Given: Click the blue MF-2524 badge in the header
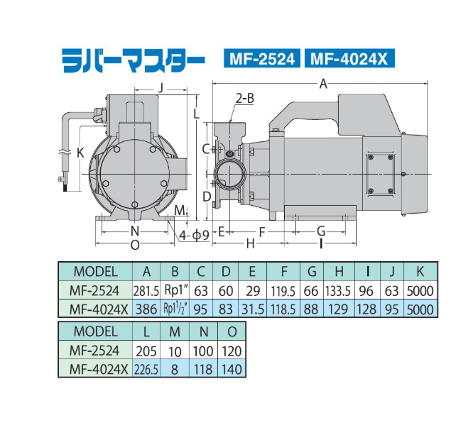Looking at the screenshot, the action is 262,58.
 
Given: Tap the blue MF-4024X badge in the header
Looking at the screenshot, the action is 349,58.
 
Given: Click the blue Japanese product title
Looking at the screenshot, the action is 134,60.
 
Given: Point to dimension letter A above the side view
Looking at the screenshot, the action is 323,84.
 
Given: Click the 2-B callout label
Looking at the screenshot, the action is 244,98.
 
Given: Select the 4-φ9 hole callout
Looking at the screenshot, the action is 194,235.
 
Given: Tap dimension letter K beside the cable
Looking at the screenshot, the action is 80,153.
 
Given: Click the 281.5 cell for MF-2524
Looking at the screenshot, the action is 146,291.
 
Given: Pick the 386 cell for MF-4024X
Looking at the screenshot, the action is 146,309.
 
